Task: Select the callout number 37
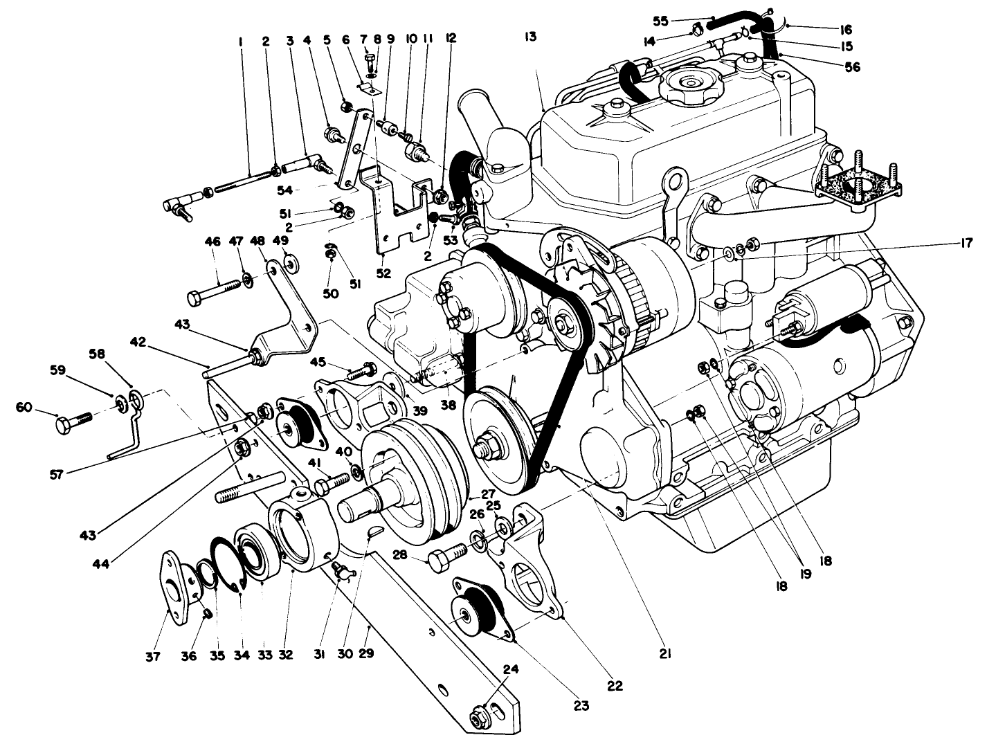(x=153, y=656)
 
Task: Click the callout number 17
(x=966, y=243)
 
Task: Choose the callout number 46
(x=212, y=242)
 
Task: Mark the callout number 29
(x=366, y=652)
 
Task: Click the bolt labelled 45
(x=359, y=372)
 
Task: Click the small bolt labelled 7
(x=371, y=63)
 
